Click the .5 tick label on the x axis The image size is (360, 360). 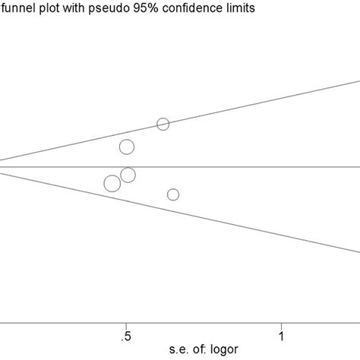tap(125, 335)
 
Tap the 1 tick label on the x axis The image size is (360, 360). tap(282, 335)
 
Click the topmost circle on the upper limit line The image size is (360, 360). tap(163, 124)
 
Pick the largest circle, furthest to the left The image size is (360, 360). tap(112, 183)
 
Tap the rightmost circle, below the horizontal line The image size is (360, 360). tap(173, 195)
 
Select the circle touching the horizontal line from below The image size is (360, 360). tap(128, 175)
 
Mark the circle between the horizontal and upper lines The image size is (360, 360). tap(127, 147)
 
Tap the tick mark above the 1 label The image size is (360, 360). tap(282, 323)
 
